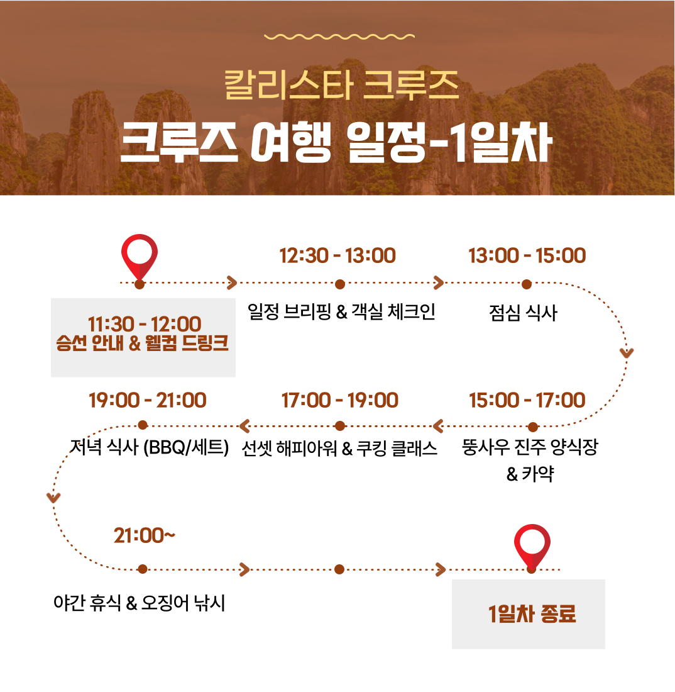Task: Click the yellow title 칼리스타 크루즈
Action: click(342, 85)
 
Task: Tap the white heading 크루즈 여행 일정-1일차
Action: click(336, 142)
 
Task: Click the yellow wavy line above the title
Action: click(339, 36)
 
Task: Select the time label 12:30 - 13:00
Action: click(337, 255)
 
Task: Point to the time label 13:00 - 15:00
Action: click(527, 255)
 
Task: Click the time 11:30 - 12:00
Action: click(145, 325)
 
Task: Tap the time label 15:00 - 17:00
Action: click(527, 400)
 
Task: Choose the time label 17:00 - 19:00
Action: click(340, 400)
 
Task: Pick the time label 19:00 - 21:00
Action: click(148, 400)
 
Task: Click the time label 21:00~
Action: click(145, 536)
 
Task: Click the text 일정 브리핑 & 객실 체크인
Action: click(342, 311)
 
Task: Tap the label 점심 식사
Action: click(524, 313)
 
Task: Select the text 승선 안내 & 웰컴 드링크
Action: click(143, 343)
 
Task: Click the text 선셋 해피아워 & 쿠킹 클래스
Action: click(339, 449)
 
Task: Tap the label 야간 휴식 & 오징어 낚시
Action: click(140, 603)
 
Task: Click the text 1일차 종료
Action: click(532, 614)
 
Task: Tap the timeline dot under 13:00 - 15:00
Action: click(527, 284)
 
